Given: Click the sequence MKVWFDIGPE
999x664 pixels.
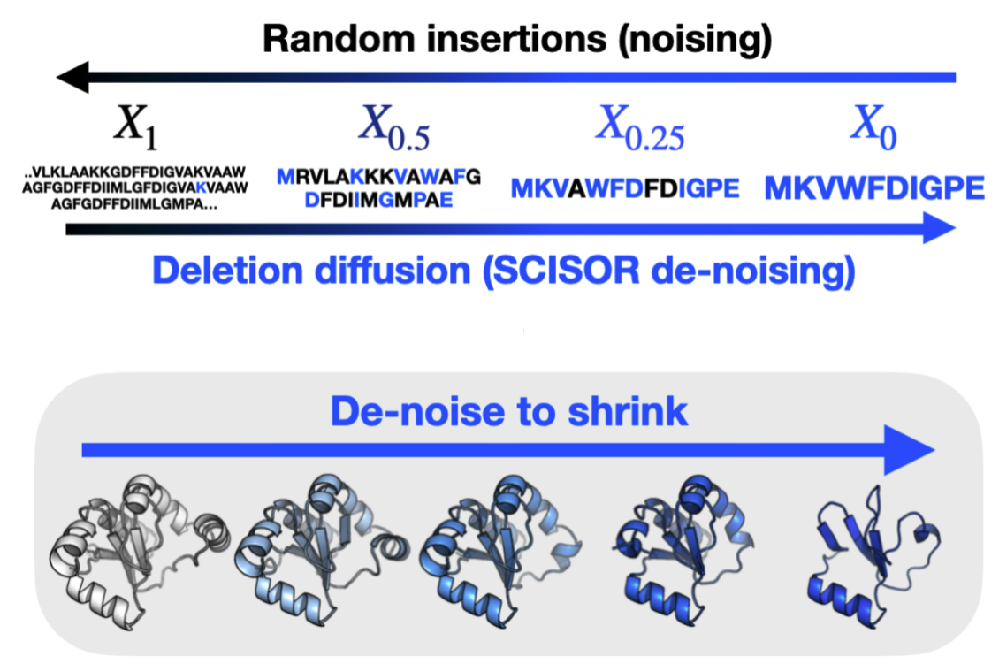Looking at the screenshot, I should (x=874, y=188).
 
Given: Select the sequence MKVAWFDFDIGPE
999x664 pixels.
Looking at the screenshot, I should (x=625, y=188).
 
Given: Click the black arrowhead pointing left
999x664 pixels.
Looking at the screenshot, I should (x=72, y=79).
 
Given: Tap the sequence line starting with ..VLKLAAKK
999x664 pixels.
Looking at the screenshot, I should (x=137, y=171).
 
